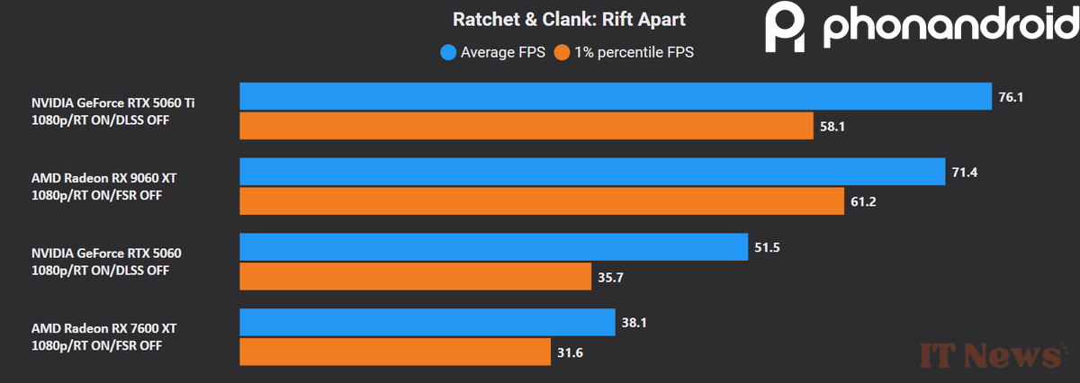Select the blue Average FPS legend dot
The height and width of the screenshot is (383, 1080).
(447, 52)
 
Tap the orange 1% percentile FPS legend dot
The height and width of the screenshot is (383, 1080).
(561, 52)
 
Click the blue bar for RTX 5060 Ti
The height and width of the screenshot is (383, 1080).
(616, 96)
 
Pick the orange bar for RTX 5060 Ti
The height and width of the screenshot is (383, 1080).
(526, 126)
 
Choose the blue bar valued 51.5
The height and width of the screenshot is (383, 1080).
(493, 246)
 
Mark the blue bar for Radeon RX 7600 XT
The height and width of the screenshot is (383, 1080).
(427, 322)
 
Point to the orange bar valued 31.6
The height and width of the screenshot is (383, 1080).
(395, 352)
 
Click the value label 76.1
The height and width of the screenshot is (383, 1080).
(1011, 96)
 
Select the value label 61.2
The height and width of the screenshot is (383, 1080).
(862, 201)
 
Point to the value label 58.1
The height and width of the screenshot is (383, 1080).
(832, 127)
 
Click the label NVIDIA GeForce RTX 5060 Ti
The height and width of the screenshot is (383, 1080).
(112, 102)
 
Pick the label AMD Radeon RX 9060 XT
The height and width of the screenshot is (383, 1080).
(103, 178)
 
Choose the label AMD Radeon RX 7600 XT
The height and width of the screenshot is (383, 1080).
(103, 329)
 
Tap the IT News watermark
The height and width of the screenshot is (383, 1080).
(990, 355)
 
